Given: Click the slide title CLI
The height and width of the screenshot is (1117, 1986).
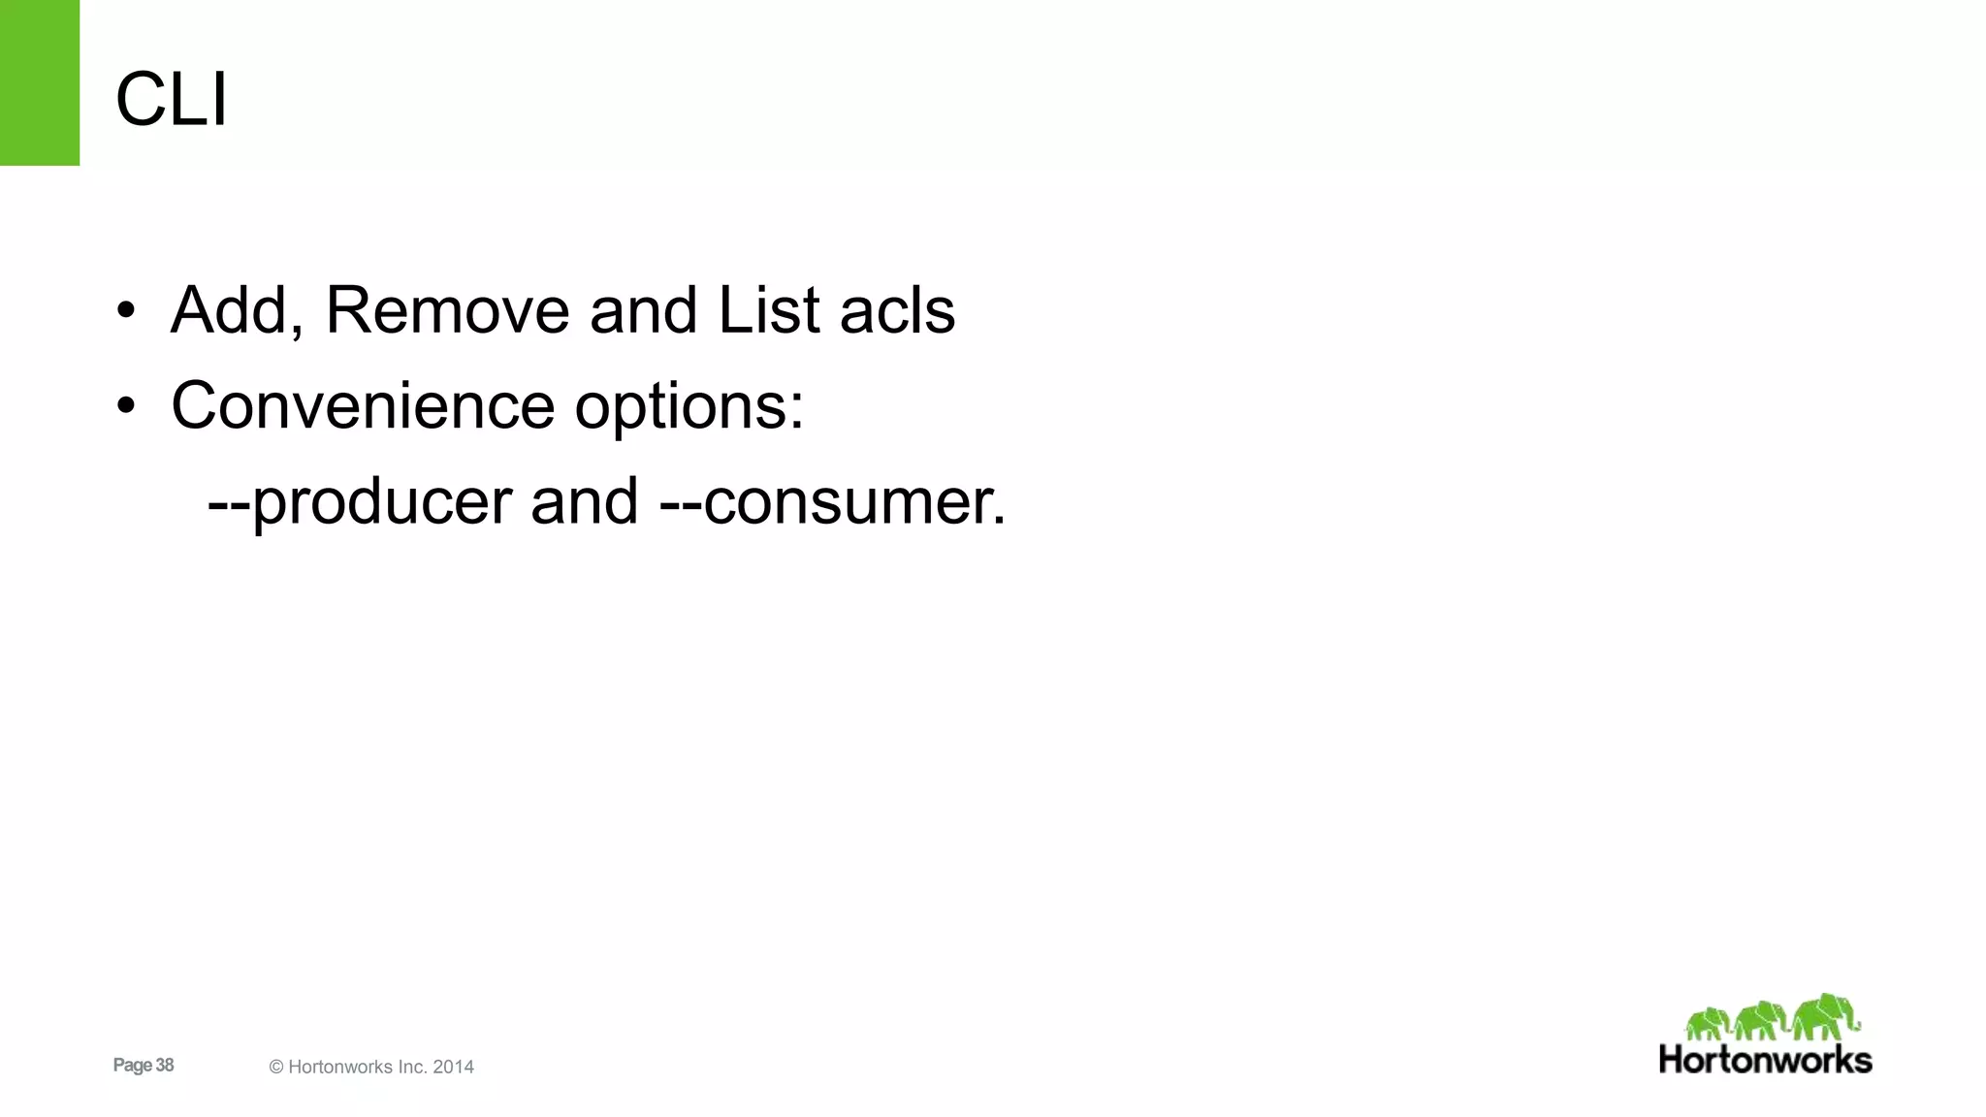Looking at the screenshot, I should click(x=172, y=99).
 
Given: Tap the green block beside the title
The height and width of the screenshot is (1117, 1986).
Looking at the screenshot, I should click(x=40, y=82).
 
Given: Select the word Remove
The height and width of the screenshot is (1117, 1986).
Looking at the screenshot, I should click(x=447, y=310).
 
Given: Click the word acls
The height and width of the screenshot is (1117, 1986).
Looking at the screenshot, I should click(x=897, y=310).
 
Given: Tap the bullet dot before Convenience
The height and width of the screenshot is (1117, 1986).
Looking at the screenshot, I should click(x=125, y=407).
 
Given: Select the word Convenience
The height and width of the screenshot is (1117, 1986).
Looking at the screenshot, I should click(x=363, y=405).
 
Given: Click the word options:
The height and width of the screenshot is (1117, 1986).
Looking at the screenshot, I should click(x=689, y=407).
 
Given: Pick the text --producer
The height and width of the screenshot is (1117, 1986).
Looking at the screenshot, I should click(x=360, y=502).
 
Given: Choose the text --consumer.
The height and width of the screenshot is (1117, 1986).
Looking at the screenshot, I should click(x=833, y=502).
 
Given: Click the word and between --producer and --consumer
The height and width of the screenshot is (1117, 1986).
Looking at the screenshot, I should click(x=584, y=502).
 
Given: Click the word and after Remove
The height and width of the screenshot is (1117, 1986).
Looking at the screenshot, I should click(x=643, y=310).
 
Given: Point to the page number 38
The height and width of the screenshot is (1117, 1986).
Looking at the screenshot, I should click(x=164, y=1065).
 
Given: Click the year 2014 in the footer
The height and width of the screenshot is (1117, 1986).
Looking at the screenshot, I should click(x=453, y=1067).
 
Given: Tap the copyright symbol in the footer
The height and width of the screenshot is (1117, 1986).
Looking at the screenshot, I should click(x=276, y=1067).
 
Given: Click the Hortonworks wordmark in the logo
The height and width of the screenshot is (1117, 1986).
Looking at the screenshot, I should click(x=1765, y=1059).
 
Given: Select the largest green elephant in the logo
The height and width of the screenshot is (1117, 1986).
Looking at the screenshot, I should click(x=1825, y=1016).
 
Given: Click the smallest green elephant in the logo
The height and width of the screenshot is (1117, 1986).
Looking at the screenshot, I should click(x=1708, y=1024).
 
